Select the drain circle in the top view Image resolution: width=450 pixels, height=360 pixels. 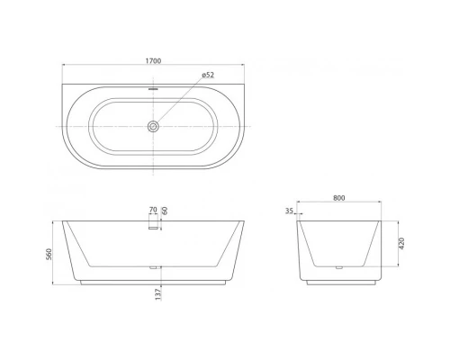point(154,127)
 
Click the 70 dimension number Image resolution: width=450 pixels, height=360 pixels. point(153,211)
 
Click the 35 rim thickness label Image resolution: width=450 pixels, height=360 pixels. point(288,213)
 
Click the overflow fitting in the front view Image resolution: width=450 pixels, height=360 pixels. point(153,226)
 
